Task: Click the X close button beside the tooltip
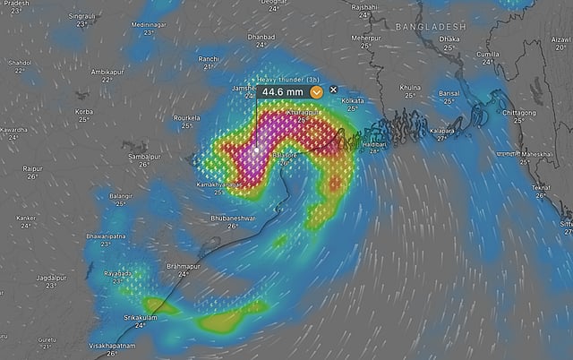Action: (334, 90)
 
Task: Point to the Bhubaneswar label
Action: (233, 218)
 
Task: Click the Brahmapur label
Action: (184, 267)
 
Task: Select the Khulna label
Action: (411, 86)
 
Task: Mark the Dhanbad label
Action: (261, 37)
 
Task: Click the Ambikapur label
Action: (107, 71)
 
